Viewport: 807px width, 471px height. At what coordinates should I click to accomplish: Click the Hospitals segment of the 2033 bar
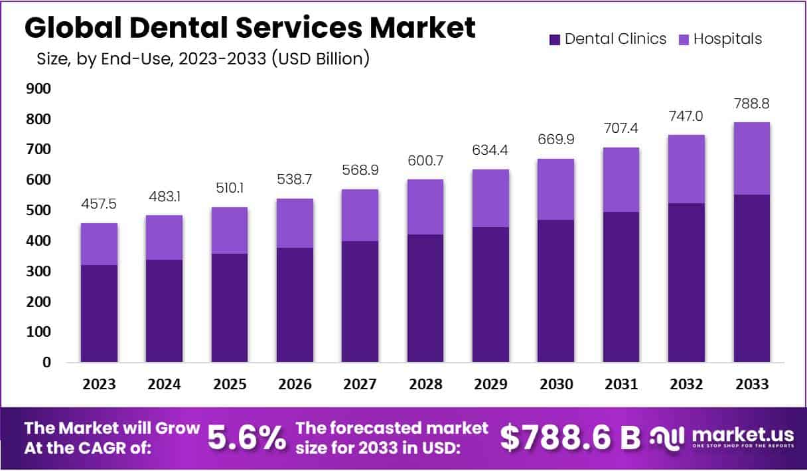(x=751, y=158)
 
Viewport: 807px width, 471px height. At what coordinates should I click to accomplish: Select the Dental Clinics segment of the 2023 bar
(x=99, y=314)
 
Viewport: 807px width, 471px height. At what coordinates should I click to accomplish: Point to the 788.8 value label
(x=751, y=104)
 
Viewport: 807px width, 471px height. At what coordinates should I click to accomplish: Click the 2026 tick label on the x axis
(x=295, y=385)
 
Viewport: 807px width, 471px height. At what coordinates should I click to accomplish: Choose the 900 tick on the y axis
(x=38, y=89)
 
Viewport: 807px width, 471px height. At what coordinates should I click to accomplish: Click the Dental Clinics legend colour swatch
(x=555, y=39)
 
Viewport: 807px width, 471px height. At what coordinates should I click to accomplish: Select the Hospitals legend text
(x=727, y=39)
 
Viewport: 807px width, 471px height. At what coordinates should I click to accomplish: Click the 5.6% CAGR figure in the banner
(x=247, y=438)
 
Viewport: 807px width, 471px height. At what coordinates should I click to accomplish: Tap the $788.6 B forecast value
(x=570, y=436)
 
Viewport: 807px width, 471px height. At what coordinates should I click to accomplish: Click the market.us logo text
(x=743, y=434)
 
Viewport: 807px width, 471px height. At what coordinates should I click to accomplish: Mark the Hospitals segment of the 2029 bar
(x=490, y=198)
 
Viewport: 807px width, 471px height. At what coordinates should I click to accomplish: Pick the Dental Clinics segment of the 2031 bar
(x=621, y=287)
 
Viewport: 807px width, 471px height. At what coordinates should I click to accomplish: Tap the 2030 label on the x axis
(x=556, y=385)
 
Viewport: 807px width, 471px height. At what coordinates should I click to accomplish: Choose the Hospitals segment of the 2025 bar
(x=230, y=230)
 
